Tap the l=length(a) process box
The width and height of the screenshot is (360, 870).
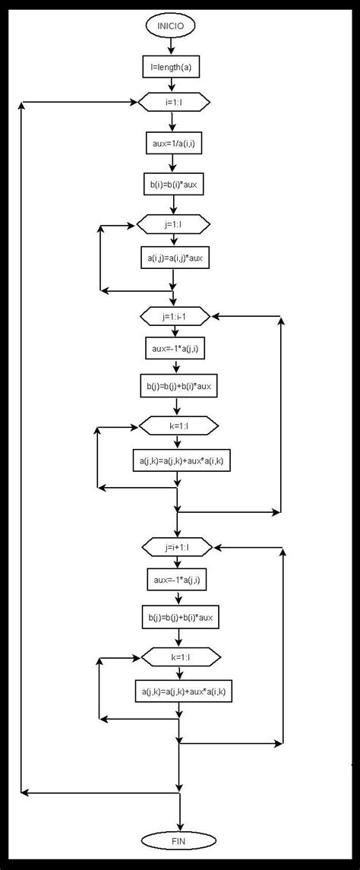click(x=172, y=68)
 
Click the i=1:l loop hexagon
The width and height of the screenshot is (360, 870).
click(x=173, y=101)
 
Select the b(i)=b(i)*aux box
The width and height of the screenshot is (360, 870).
click(x=174, y=184)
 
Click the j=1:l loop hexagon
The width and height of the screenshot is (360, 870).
click(x=173, y=226)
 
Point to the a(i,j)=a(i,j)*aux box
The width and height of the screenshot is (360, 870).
click(x=174, y=258)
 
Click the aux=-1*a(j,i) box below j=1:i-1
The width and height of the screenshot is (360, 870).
click(x=176, y=349)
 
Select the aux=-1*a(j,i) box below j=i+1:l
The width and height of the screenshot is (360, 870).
click(x=177, y=581)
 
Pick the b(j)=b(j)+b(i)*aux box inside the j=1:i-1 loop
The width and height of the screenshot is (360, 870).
click(x=178, y=388)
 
